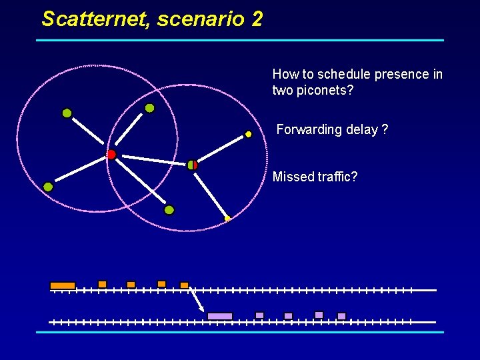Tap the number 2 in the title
(x=257, y=19)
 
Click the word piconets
(x=326, y=89)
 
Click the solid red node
(x=111, y=155)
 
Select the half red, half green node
(x=193, y=164)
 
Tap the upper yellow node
(x=248, y=134)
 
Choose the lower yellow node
(x=227, y=218)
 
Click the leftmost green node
(x=48, y=187)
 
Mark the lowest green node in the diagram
(x=169, y=210)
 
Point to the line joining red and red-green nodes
(x=151, y=159)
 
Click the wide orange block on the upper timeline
(x=63, y=285)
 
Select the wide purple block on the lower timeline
(x=220, y=316)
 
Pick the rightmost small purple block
(x=341, y=316)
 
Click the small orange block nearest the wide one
(x=102, y=284)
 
